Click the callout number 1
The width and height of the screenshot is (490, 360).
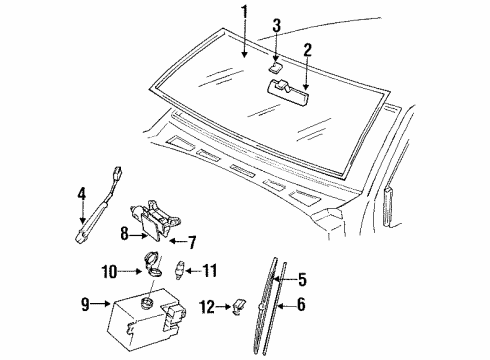point(243,12)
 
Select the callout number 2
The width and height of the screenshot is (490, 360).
point(309,49)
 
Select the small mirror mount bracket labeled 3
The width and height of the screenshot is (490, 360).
point(277,68)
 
